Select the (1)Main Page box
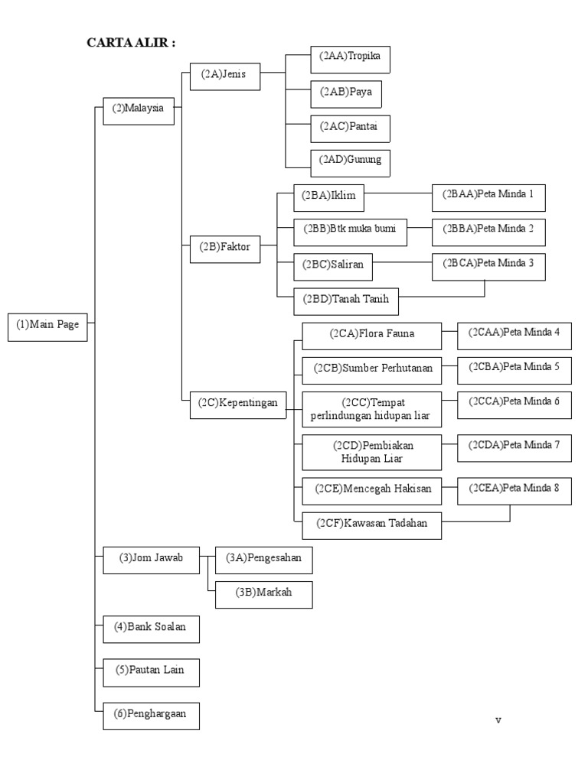[x=47, y=325]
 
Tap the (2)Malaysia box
[x=138, y=109]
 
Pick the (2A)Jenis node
[x=224, y=75]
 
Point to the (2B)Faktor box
[x=225, y=247]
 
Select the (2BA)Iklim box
[x=328, y=196]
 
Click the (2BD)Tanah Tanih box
[x=346, y=300]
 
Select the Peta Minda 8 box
[x=514, y=489]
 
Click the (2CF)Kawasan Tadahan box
[x=372, y=524]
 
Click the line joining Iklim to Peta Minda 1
[x=398, y=194]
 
